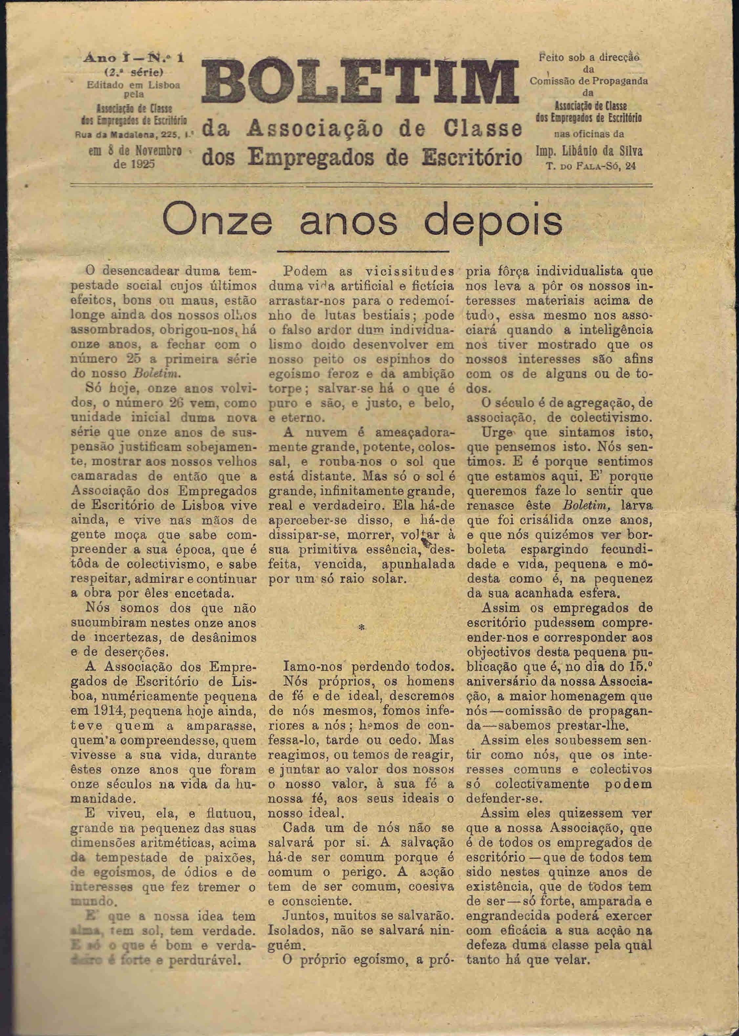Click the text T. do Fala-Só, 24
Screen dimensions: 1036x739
pyautogui.click(x=591, y=166)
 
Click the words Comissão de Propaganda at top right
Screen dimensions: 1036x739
pyautogui.click(x=589, y=81)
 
